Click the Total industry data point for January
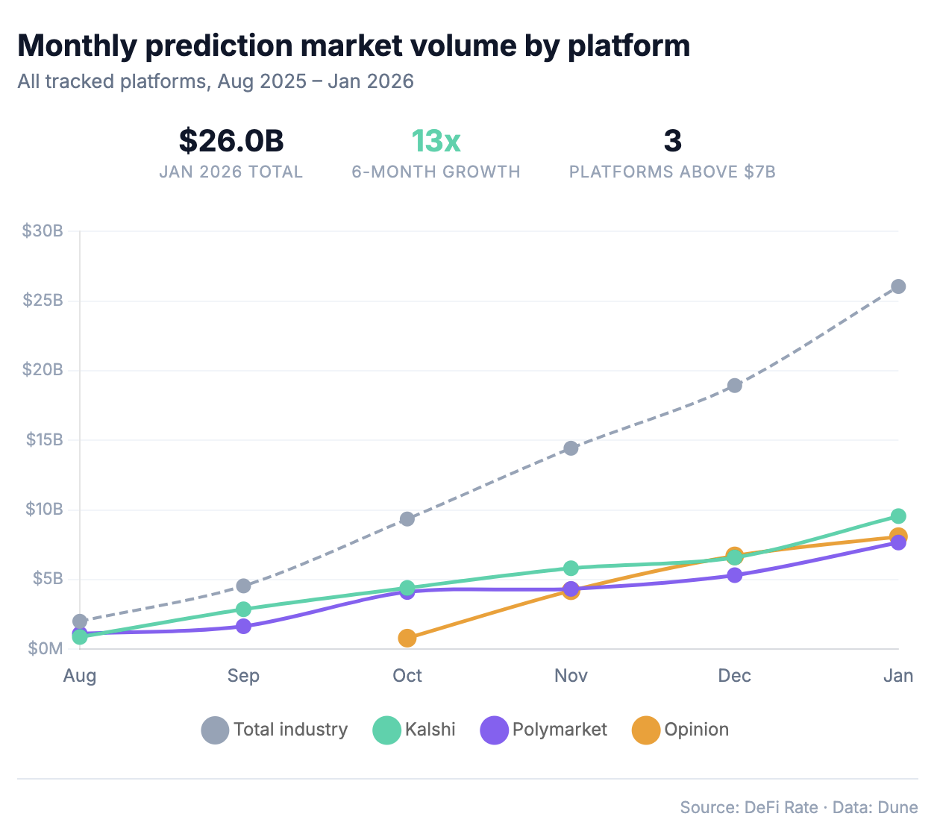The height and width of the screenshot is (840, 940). [898, 286]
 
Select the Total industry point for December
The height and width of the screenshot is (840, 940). [735, 386]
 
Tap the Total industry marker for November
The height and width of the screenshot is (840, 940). [571, 448]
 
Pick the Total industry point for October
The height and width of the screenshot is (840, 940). [407, 519]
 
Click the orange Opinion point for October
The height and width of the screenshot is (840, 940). [407, 638]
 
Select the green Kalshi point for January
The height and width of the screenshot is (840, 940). [898, 516]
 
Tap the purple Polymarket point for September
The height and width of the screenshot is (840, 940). [243, 627]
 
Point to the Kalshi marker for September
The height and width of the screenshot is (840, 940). [243, 609]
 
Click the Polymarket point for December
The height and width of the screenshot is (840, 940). [735, 575]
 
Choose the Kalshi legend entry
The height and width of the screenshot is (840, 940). [415, 730]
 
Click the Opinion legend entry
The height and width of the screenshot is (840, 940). [680, 730]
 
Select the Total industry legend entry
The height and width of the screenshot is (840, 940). [275, 730]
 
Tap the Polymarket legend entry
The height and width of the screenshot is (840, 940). [544, 730]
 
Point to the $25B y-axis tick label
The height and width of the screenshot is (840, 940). [43, 301]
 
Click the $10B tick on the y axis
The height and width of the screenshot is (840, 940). [43, 510]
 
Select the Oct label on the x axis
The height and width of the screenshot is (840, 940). [407, 676]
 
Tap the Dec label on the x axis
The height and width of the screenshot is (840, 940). [735, 676]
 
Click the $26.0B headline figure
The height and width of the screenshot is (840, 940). [231, 141]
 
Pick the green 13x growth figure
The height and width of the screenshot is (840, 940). [436, 141]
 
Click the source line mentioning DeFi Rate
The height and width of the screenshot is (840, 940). [798, 808]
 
